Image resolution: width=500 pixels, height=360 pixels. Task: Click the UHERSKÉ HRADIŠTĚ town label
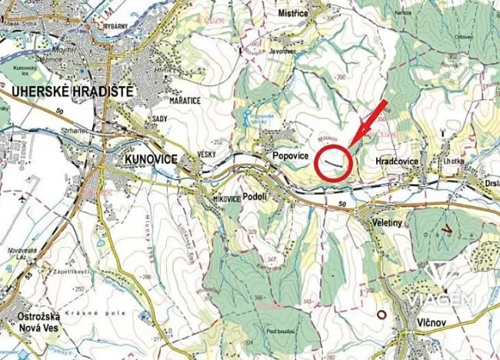72,92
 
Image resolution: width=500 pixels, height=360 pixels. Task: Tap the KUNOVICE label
149,158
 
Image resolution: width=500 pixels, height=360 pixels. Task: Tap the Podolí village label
254,196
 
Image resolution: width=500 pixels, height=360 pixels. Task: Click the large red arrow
369,122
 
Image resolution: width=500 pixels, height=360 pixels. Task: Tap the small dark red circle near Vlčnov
379,313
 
